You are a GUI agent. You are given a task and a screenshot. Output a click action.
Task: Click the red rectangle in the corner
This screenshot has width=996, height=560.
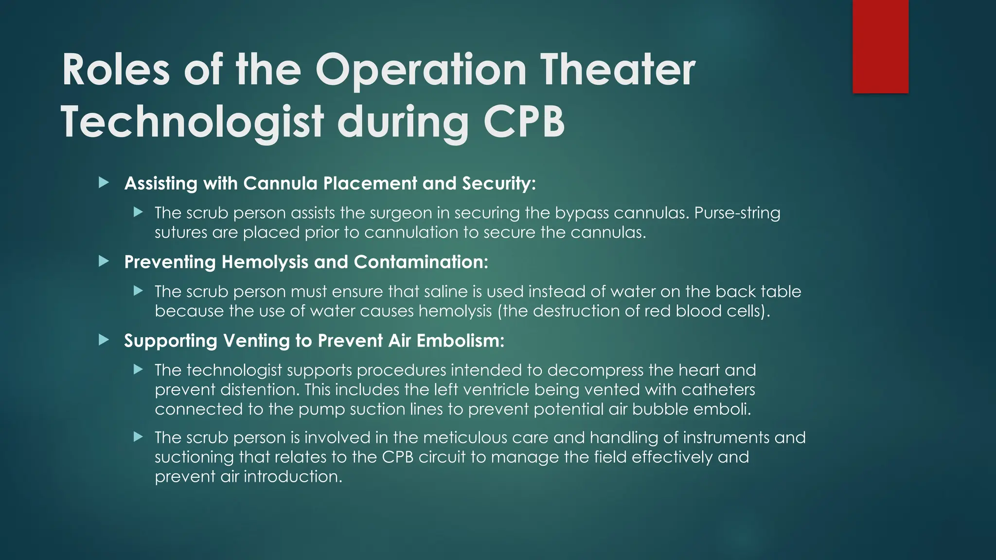click(x=880, y=47)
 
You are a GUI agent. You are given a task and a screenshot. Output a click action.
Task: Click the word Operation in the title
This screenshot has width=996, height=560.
click(x=421, y=70)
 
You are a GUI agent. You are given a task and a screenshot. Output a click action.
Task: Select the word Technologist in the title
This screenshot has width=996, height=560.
click(x=193, y=122)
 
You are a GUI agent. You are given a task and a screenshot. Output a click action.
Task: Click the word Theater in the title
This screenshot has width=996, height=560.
click(x=618, y=70)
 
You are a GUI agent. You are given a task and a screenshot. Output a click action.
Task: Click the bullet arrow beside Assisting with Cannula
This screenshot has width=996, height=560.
click(x=104, y=183)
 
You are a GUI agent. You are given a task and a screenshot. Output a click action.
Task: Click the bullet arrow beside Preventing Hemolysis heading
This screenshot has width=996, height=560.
click(x=104, y=262)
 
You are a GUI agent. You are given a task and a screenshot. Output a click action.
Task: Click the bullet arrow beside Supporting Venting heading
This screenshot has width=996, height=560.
click(x=104, y=340)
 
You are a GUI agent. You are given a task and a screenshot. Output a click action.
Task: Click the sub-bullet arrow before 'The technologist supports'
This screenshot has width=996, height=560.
click(x=139, y=370)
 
